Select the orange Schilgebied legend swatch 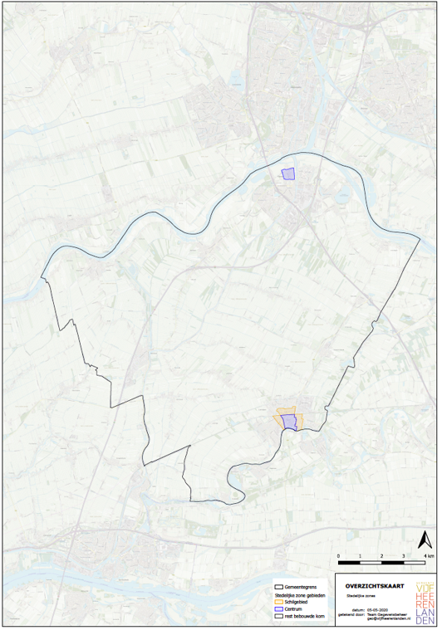point(278,603)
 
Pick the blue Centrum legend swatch point(278,608)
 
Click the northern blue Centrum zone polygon point(288,173)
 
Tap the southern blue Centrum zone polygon point(289,422)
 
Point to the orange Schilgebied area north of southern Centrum point(287,411)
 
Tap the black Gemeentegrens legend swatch point(278,587)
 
